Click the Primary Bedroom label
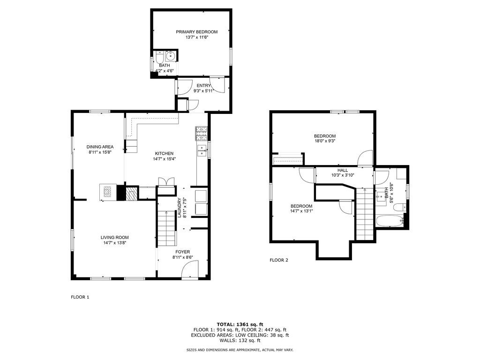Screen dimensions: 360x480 tap(196, 32)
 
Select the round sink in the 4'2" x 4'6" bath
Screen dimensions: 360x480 tap(171, 57)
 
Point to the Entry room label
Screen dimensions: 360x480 tap(203, 85)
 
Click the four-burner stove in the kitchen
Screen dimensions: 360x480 tap(202, 134)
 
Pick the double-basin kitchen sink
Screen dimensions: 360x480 tap(202, 150)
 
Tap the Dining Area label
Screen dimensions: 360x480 tap(101, 147)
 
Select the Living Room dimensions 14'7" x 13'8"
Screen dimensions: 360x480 tap(114, 243)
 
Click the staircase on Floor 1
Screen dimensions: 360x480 tap(166, 228)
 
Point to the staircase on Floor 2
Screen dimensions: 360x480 tap(364, 213)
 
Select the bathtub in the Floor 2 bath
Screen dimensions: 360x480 tap(389, 221)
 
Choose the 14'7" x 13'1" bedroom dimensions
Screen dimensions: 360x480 tap(301, 211)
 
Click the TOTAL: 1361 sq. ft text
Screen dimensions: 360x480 tap(240, 324)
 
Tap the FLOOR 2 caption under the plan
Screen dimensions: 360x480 tap(279, 260)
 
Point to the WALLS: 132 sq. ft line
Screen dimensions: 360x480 tap(240, 341)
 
